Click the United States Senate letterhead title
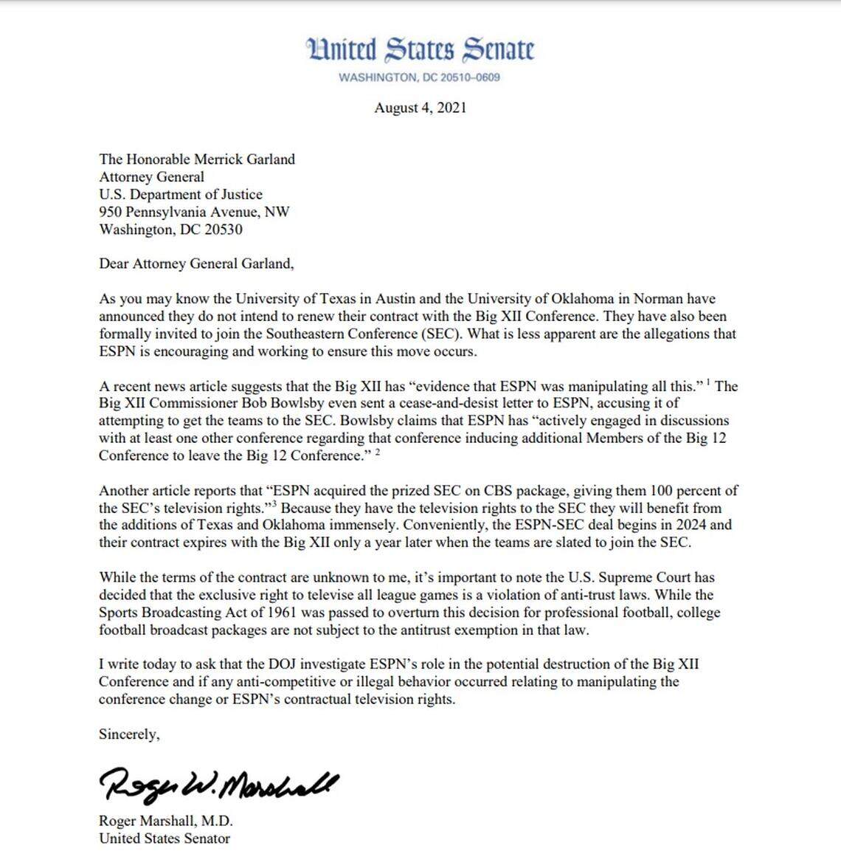coord(420,49)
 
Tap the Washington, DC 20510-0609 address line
coord(419,77)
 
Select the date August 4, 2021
coord(420,108)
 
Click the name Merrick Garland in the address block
coord(244,159)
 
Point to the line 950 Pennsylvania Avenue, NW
coord(194,213)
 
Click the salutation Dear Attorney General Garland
coord(196,264)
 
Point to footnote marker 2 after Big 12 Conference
coord(378,452)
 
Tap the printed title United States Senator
coord(165,838)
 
